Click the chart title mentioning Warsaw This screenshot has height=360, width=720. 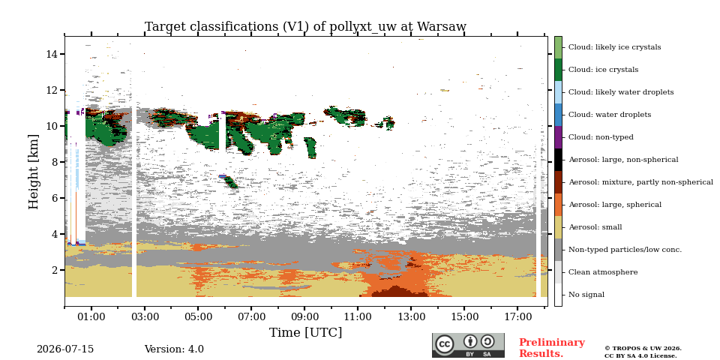(x=305, y=27)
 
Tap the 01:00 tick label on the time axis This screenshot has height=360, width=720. (x=91, y=316)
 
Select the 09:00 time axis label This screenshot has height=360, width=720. (x=304, y=316)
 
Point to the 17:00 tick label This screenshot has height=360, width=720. (x=517, y=316)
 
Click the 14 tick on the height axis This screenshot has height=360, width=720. (x=52, y=54)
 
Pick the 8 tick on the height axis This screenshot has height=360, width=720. (x=55, y=162)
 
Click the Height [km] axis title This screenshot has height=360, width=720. (x=34, y=172)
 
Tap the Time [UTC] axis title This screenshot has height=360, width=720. (x=305, y=332)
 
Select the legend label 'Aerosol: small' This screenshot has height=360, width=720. (x=595, y=227)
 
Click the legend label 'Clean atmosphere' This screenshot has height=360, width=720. (x=603, y=272)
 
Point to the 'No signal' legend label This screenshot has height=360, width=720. (x=586, y=295)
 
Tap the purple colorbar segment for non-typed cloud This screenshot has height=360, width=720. (x=558, y=137)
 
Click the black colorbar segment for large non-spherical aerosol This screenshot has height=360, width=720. (x=558, y=160)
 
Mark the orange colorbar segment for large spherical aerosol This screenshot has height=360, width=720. (x=558, y=205)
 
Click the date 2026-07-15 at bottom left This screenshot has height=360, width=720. (x=65, y=349)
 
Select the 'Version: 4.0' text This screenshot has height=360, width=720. (x=174, y=349)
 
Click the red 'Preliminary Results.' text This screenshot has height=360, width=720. (x=552, y=348)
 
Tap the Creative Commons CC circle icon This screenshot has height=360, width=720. (x=445, y=344)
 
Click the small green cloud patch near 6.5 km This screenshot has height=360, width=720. (x=229, y=181)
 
